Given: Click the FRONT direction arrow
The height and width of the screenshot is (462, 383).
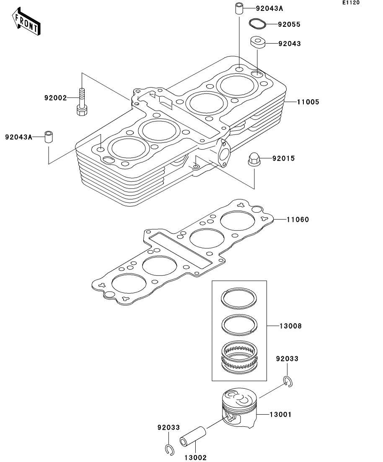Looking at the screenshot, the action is (x=26, y=21).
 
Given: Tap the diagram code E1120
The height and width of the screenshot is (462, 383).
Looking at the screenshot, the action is (x=351, y=3).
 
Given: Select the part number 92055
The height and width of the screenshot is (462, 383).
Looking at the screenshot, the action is (x=289, y=24).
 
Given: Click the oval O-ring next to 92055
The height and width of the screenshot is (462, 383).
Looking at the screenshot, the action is (x=257, y=24).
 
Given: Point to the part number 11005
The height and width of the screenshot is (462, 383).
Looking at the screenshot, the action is (x=308, y=102).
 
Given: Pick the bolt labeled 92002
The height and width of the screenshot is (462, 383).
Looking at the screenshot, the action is (x=82, y=102).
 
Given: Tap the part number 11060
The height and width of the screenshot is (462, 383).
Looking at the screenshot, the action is (x=298, y=219).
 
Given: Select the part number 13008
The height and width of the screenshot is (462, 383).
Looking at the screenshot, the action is (x=290, y=326).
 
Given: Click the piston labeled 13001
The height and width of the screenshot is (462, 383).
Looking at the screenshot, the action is (x=239, y=408).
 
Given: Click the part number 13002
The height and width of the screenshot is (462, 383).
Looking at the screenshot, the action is (x=195, y=457).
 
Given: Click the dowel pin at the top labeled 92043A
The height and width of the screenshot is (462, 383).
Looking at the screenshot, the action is (x=239, y=8).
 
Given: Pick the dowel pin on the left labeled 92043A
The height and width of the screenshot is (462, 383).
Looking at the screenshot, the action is (x=49, y=137).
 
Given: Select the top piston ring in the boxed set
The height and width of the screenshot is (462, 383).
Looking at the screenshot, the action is (x=239, y=299).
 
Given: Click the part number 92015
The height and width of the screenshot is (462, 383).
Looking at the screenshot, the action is (x=283, y=158).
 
